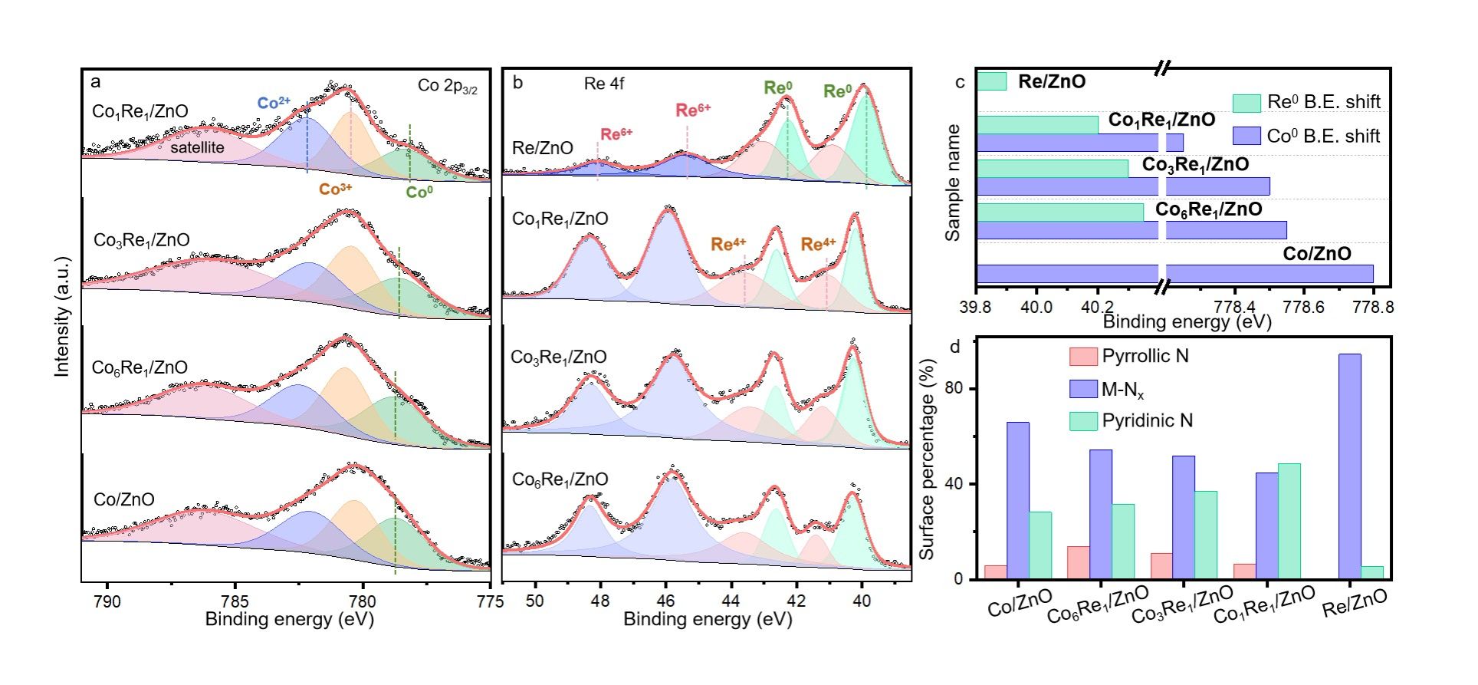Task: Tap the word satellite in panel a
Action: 197,147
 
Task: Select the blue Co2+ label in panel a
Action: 274,103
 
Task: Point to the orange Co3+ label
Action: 336,189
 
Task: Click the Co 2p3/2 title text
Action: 447,86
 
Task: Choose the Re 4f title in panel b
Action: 603,84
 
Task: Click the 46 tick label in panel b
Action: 665,601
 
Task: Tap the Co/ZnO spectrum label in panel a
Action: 123,499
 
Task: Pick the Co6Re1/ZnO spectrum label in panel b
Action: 560,480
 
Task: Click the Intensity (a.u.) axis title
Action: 62,317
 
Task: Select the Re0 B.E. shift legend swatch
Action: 1246,103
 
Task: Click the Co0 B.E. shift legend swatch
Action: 1246,137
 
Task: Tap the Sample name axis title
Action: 953,183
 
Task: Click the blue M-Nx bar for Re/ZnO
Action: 1350,466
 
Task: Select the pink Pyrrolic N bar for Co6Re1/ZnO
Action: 1078,562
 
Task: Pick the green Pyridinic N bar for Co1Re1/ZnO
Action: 1289,521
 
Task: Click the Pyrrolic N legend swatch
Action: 1083,357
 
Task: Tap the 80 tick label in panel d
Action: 953,389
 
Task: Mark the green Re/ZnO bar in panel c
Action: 992,81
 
